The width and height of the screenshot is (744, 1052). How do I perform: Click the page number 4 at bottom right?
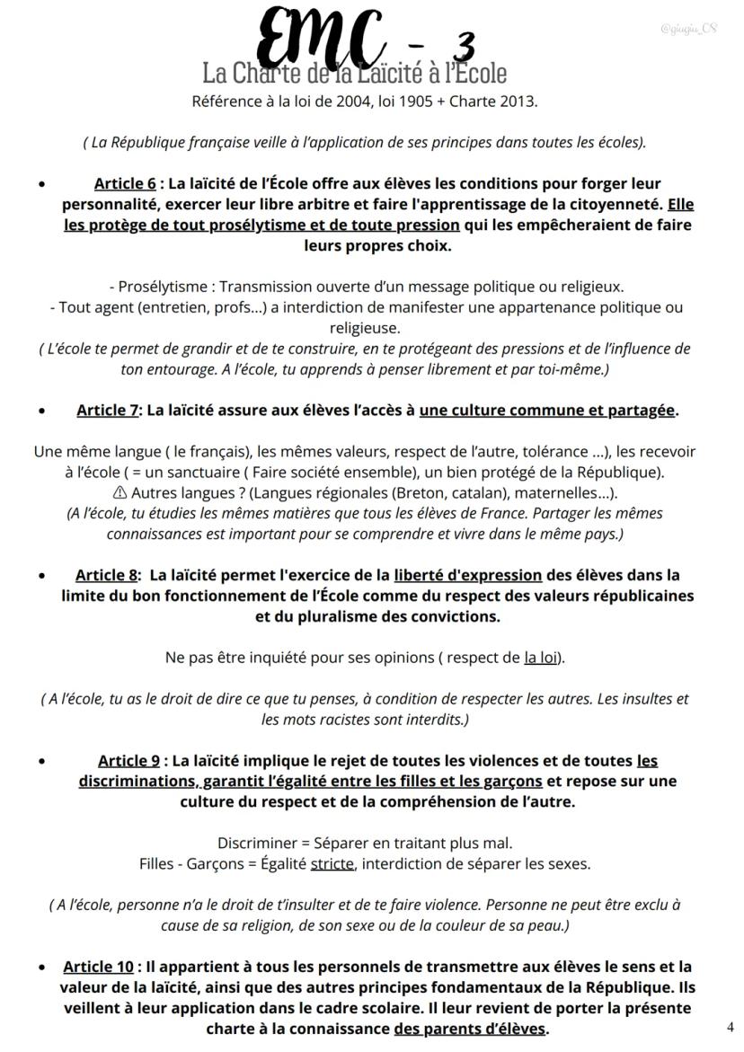pyautogui.click(x=730, y=1026)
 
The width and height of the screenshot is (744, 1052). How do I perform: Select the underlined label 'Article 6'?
pyautogui.click(x=125, y=184)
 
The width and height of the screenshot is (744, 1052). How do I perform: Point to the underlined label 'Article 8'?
pyautogui.click(x=106, y=575)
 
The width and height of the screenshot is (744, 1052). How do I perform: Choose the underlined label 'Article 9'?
pyautogui.click(x=128, y=761)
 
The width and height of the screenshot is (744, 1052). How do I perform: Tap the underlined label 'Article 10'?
pyautogui.click(x=98, y=968)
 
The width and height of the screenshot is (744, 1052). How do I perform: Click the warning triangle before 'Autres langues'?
pyautogui.click(x=120, y=492)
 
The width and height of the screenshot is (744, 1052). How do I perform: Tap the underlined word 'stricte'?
pyautogui.click(x=332, y=864)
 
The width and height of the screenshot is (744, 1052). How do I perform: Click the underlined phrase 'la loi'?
pyautogui.click(x=541, y=658)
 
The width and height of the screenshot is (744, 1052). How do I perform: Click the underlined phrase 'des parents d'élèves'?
pyautogui.click(x=470, y=1029)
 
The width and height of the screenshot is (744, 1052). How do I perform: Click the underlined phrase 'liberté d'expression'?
pyautogui.click(x=467, y=575)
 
